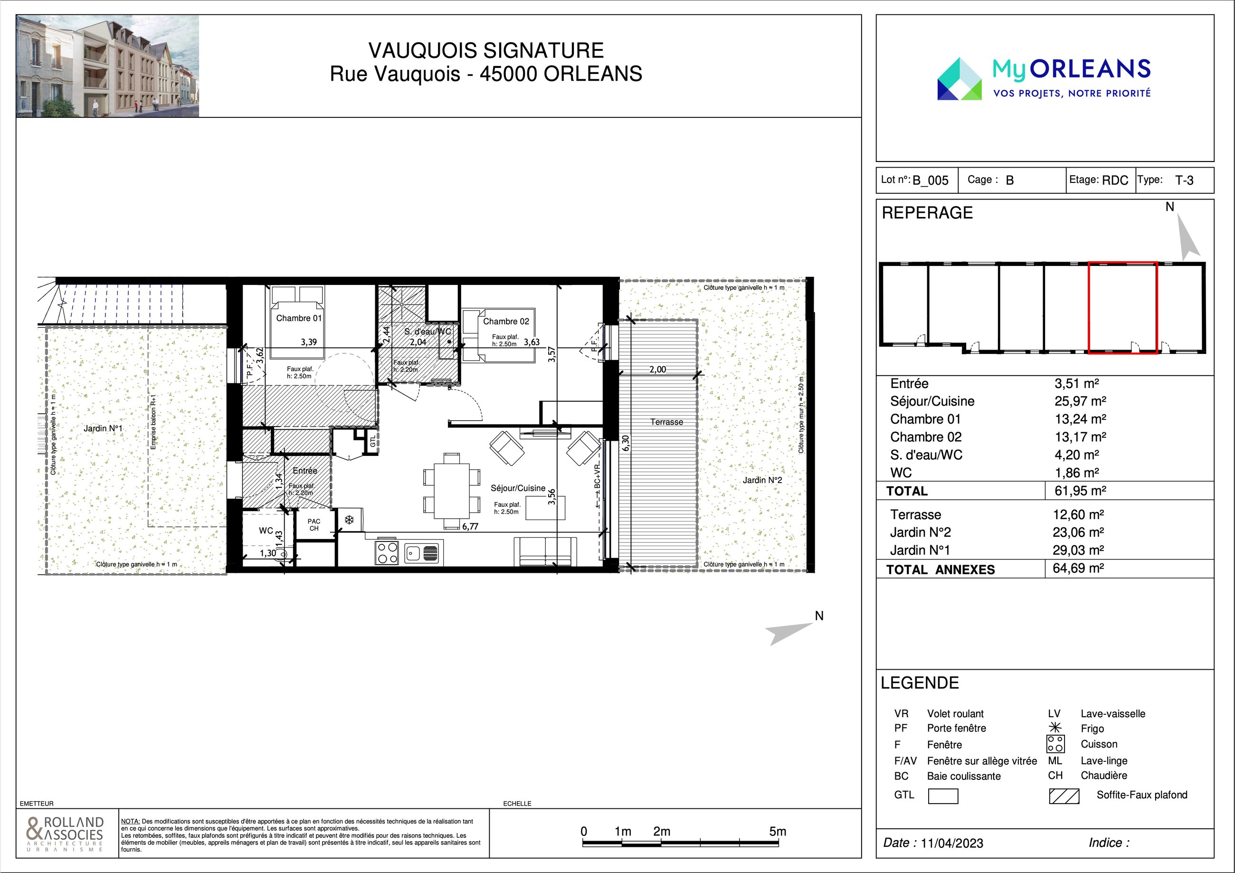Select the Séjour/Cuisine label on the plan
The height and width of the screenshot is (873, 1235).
click(x=518, y=488)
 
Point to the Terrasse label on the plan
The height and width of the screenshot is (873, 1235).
click(x=666, y=422)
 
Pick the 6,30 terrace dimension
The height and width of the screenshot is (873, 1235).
click(x=626, y=443)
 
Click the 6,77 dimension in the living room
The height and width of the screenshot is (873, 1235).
click(x=470, y=527)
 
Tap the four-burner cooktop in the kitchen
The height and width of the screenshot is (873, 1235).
click(x=387, y=552)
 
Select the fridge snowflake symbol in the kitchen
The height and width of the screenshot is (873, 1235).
click(x=349, y=520)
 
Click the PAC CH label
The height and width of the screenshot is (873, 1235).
click(x=313, y=525)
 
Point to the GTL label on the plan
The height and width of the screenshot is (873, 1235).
click(x=373, y=442)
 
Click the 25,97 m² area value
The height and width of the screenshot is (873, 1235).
click(x=1080, y=401)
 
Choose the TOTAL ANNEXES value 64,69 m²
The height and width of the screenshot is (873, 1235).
click(x=1078, y=568)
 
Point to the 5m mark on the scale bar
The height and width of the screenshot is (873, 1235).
click(x=778, y=832)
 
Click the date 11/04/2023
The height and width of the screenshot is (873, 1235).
click(x=951, y=843)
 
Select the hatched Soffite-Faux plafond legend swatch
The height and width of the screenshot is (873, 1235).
click(x=1064, y=796)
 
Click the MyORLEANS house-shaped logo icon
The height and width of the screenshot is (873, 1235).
click(x=959, y=79)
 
